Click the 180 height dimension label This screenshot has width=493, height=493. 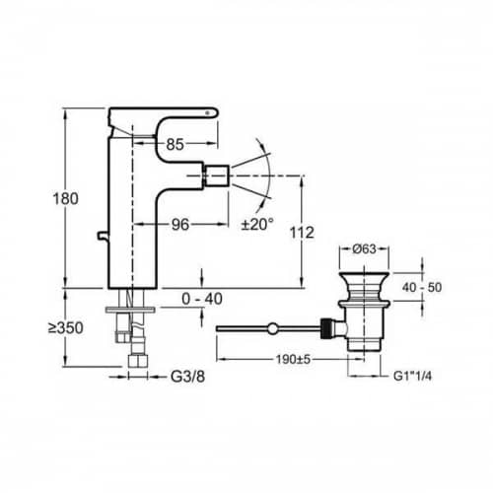click(66, 199)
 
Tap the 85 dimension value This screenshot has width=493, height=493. click(175, 144)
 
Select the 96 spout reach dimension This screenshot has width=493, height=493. click(180, 225)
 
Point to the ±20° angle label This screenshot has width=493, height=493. click(257, 225)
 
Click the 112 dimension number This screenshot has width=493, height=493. click(302, 233)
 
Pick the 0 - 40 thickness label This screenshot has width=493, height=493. click(202, 299)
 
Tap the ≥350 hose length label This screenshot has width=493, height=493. click(66, 328)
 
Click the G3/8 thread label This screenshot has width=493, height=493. click(187, 377)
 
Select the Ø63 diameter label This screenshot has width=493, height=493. click(364, 248)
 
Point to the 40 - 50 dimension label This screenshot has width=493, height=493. click(422, 288)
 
